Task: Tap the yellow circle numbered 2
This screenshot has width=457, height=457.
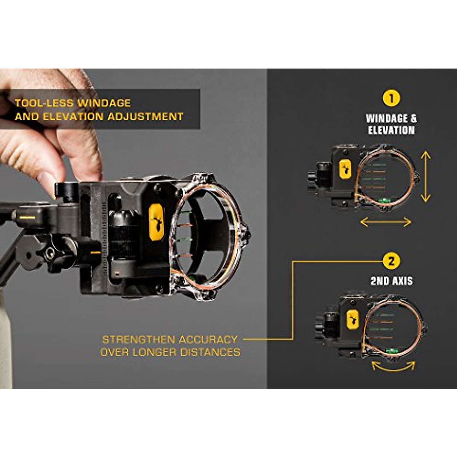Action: pos(391,261)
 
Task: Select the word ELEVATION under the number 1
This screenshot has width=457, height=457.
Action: pos(391,130)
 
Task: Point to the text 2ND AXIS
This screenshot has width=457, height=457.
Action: pos(391,281)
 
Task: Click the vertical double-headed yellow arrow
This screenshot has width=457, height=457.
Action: pos(425,176)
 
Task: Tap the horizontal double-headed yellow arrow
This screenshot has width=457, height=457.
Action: pos(385,222)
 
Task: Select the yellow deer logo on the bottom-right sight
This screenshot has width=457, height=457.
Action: pos(353,319)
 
